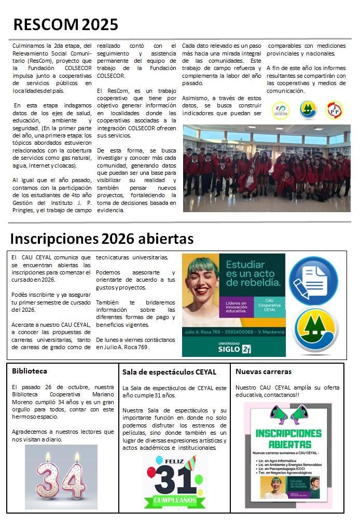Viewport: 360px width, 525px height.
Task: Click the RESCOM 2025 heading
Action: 65,24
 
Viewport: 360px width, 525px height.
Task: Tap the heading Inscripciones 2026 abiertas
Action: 102,239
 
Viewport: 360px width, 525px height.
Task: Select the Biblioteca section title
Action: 30,371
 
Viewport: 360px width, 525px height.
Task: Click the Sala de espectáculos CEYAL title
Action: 169,372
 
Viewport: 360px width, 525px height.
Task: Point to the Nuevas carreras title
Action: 263,371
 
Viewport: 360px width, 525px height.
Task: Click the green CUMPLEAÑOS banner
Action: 174,501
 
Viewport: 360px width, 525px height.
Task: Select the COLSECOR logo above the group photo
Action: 281,110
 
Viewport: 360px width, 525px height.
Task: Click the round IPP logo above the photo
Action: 334,110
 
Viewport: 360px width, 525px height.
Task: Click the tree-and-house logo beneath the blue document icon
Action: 313,330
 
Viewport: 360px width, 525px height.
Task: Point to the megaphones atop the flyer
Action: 289,415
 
